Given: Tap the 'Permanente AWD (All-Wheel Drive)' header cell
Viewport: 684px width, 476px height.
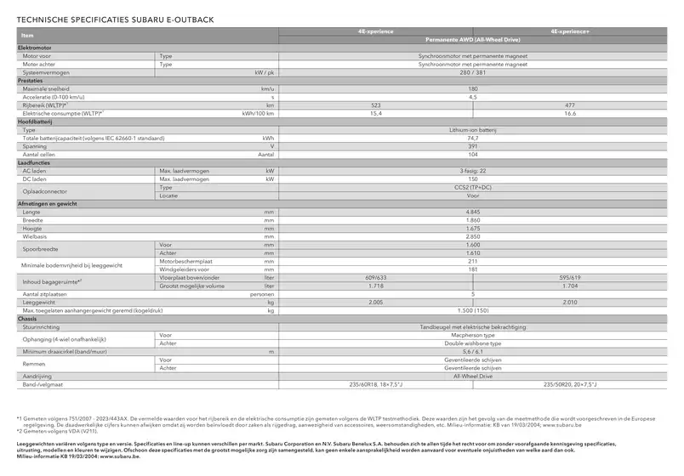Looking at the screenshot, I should point(473,39).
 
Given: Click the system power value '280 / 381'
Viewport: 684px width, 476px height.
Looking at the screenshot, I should point(473,72).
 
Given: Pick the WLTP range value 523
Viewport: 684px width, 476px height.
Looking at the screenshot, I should point(375,105).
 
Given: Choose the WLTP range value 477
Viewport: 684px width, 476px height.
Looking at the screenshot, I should point(569,105).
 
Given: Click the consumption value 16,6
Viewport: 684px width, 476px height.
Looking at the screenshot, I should point(569,113).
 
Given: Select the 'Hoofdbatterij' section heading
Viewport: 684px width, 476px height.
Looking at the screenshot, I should point(36,122).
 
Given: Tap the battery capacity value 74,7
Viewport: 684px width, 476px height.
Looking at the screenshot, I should point(473,138).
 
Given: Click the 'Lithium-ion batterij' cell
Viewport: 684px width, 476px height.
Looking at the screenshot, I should point(473,130).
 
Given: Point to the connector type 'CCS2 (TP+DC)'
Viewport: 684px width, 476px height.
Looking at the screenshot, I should point(473,187).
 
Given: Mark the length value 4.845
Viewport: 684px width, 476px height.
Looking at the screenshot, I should point(473,212).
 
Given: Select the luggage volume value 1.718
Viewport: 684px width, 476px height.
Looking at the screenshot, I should point(375,286).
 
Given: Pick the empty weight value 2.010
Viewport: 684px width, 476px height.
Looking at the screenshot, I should point(569,302).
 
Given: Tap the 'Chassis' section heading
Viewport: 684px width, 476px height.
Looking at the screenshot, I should point(28,319).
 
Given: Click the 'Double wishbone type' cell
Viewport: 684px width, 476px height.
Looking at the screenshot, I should point(473,343).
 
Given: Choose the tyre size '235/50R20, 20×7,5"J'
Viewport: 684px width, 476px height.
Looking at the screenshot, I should point(569,384).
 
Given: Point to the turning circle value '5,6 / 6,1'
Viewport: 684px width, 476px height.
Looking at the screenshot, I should point(473,351).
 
